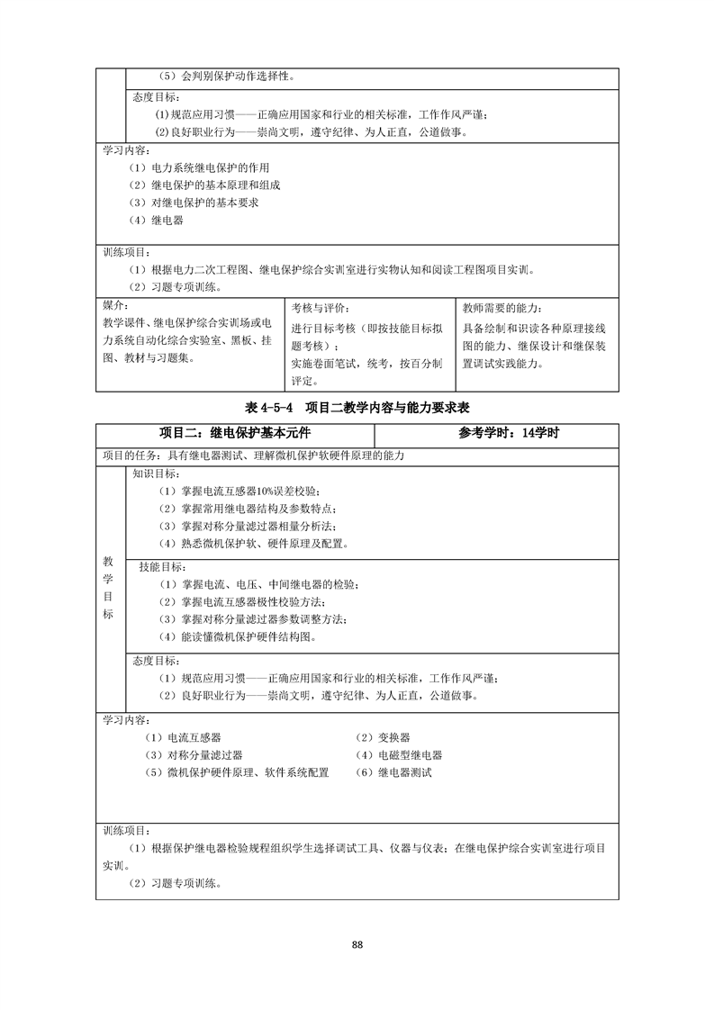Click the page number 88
(x=357, y=944)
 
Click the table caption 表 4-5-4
(x=270, y=407)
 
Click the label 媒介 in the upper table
(x=114, y=304)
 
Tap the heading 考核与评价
(x=320, y=308)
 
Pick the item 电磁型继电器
(x=397, y=755)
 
